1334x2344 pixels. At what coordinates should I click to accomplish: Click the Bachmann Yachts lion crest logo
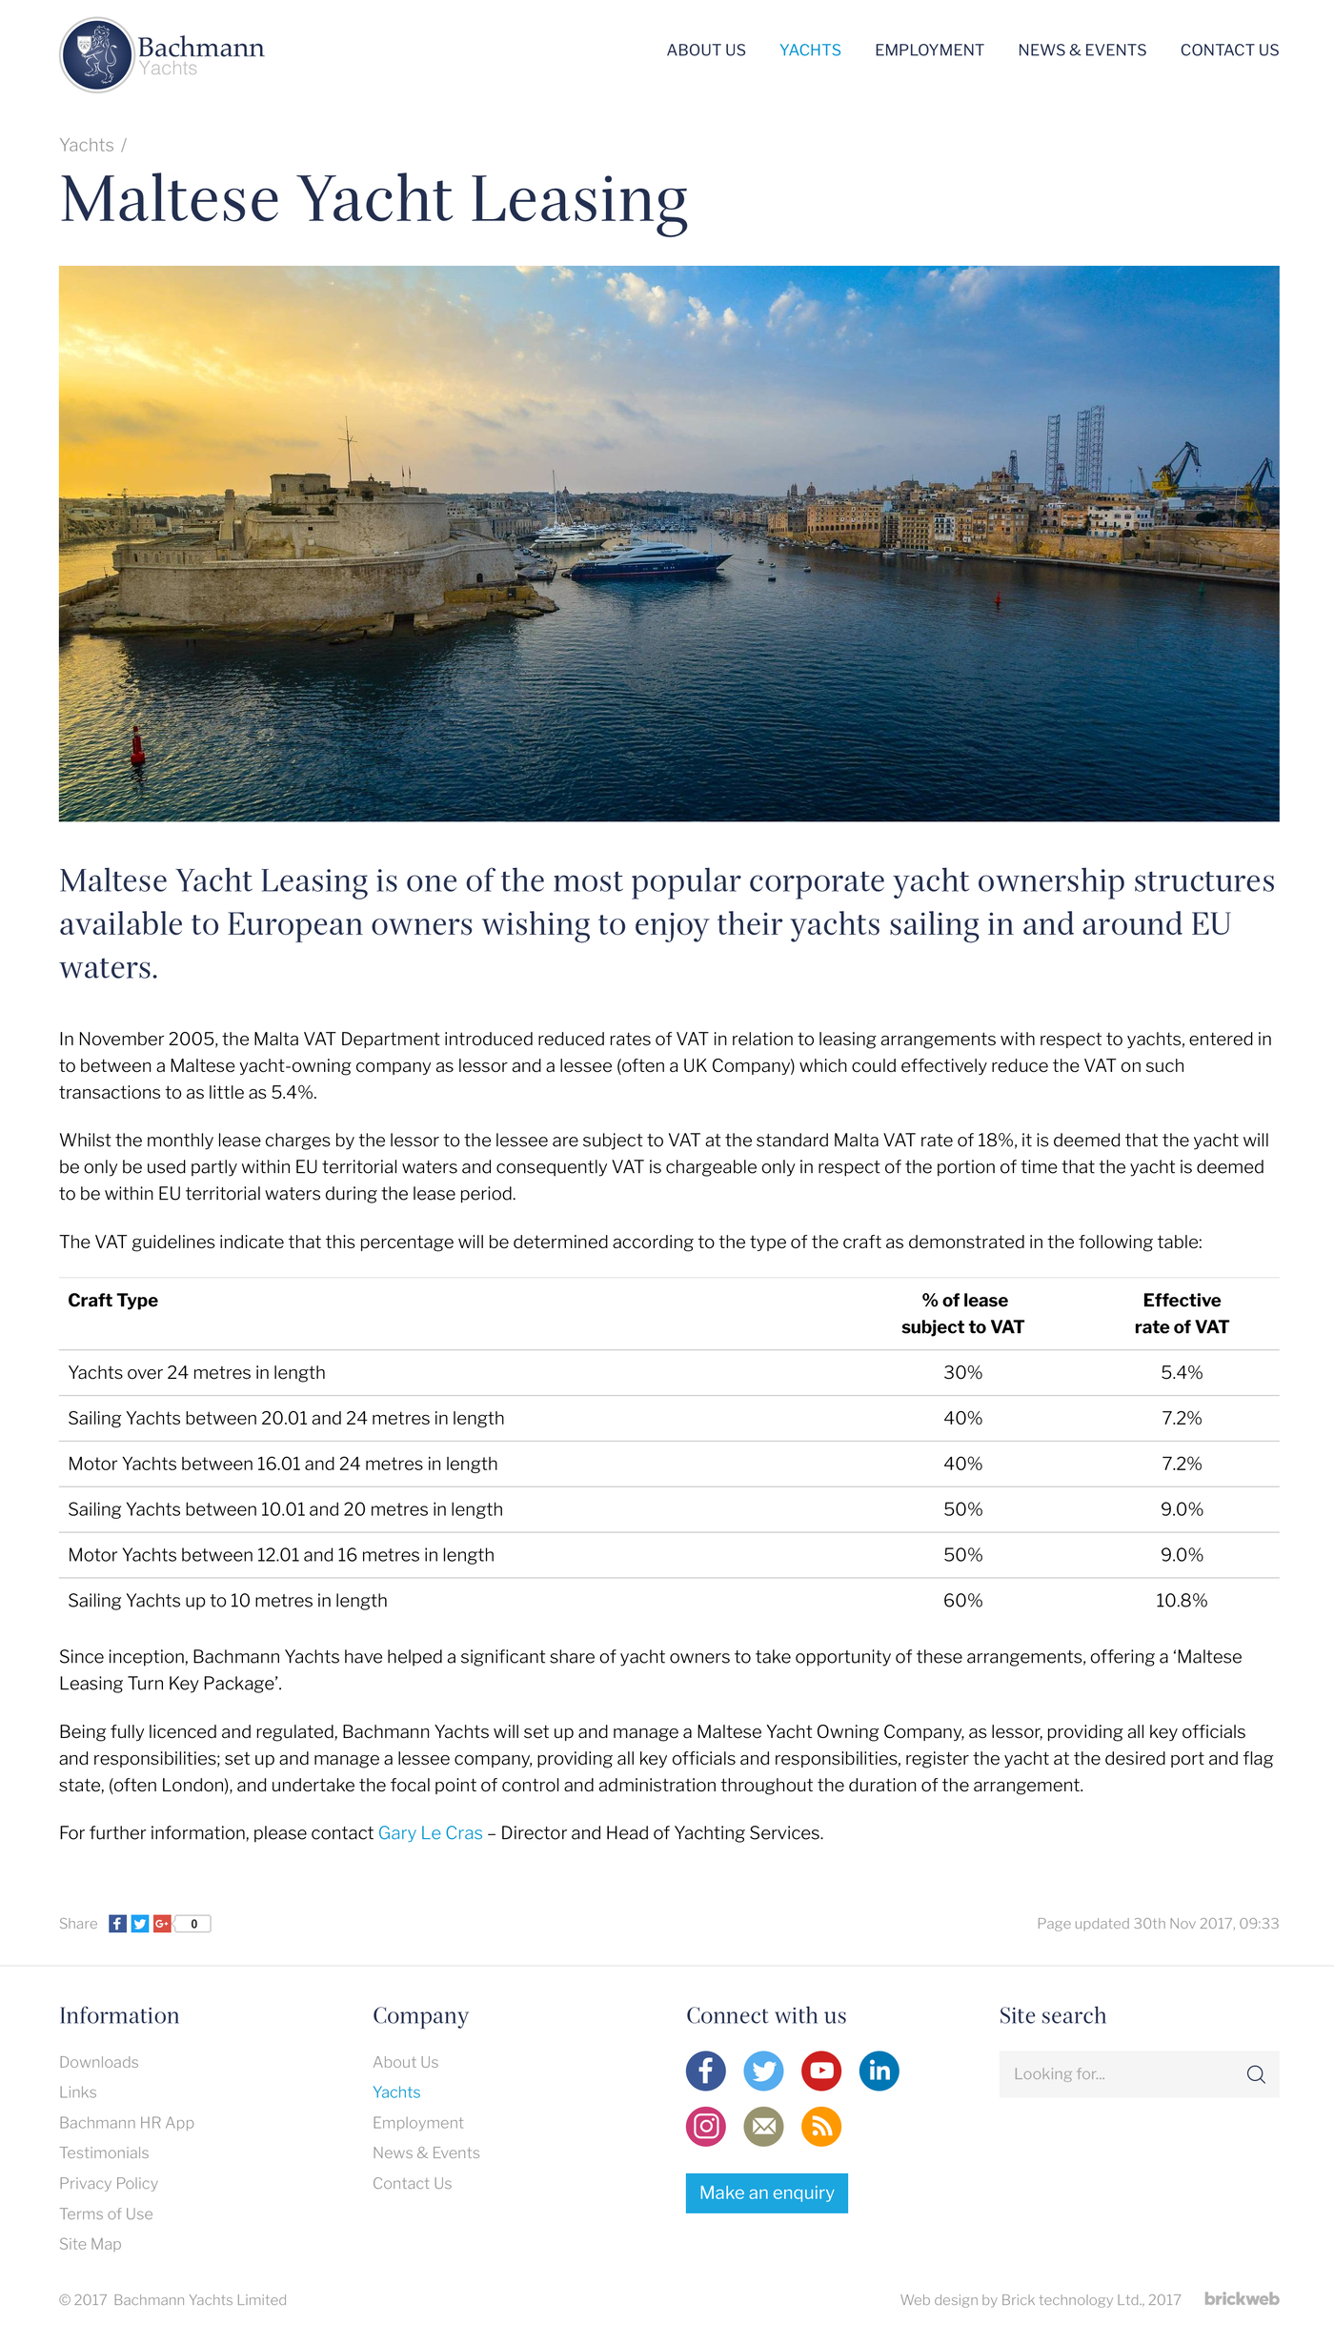96,55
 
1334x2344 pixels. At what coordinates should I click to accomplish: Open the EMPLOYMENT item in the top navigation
929,51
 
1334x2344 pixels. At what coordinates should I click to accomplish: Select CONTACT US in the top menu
1229,51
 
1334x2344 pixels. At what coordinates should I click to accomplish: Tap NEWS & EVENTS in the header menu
1081,51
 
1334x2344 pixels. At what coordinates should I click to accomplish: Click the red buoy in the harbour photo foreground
137,746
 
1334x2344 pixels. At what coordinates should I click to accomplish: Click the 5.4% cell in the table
1182,1373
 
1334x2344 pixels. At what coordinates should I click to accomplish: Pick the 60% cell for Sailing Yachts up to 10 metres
962,1601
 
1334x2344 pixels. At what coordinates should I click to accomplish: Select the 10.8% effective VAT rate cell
1182,1601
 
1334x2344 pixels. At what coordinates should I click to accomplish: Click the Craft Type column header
113,1301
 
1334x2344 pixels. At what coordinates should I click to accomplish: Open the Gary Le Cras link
430,1833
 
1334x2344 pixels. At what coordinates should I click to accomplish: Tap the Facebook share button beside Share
117,1924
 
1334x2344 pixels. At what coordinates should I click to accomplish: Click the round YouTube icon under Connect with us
821,2071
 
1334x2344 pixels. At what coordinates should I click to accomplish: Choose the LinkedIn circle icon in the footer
879,2071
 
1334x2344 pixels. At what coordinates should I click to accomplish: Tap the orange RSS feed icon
821,2126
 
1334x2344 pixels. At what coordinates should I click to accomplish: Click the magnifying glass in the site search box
1256,2074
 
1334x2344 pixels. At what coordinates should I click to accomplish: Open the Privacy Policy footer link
109,2183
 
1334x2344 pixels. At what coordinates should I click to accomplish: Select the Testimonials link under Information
104,2152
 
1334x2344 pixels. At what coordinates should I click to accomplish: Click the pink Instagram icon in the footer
706,2126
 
